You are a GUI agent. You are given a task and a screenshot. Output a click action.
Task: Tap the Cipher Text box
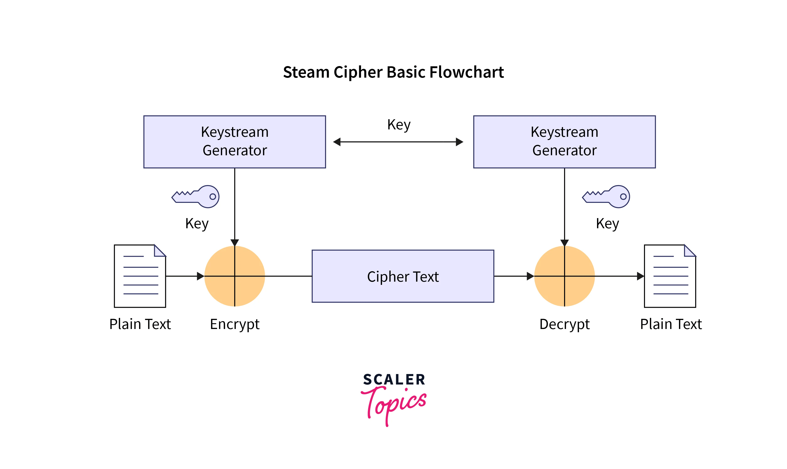click(x=403, y=276)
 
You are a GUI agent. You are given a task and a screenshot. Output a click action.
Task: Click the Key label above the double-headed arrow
click(x=399, y=125)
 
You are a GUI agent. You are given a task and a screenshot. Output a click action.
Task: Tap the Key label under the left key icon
click(x=197, y=224)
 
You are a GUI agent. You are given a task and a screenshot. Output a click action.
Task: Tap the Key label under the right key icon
click(x=607, y=224)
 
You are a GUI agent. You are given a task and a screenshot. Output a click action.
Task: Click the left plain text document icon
click(x=140, y=276)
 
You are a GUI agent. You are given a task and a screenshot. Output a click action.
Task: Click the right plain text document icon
click(x=670, y=276)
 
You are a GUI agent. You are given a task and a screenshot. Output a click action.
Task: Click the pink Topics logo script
click(x=394, y=405)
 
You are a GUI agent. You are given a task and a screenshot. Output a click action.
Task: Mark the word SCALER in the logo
click(x=394, y=380)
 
